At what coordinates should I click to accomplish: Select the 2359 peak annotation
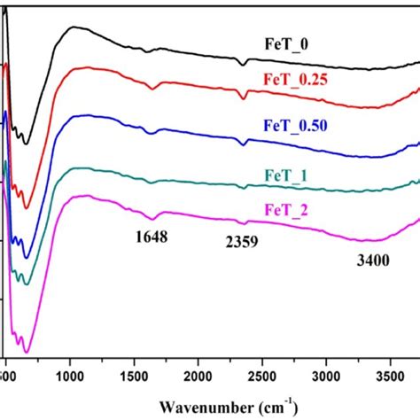[x=241, y=240]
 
